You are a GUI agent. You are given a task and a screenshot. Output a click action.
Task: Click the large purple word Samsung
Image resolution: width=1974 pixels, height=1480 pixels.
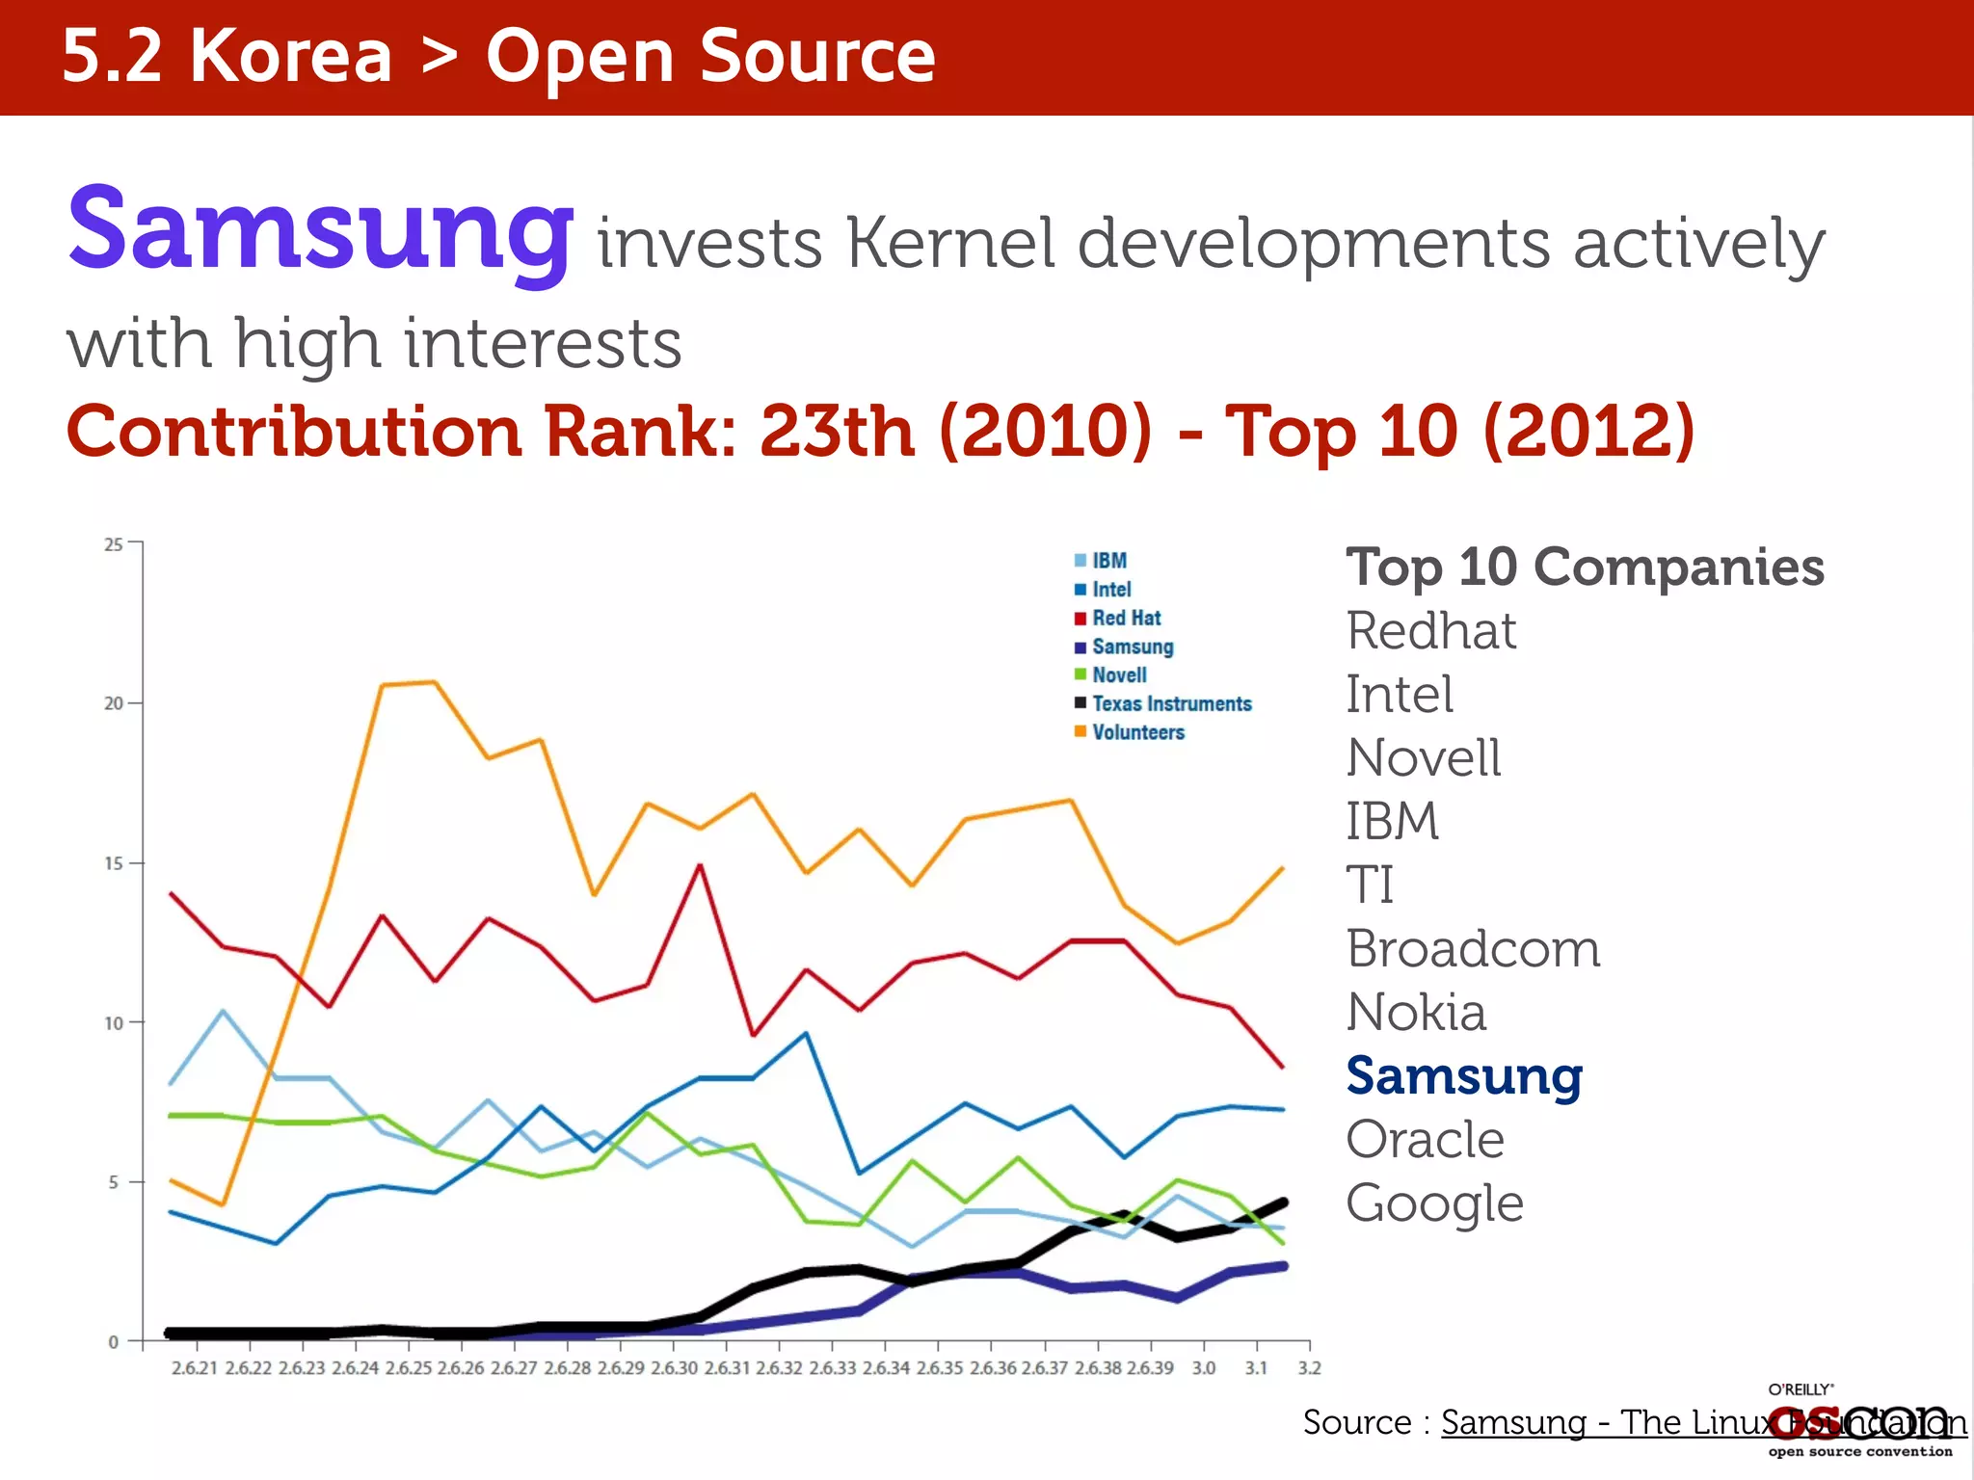tap(320, 231)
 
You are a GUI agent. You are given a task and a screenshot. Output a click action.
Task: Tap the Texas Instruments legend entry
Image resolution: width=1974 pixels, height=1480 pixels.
tap(1170, 704)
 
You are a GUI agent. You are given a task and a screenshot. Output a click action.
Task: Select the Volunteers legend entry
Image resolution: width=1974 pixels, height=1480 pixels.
tap(1137, 732)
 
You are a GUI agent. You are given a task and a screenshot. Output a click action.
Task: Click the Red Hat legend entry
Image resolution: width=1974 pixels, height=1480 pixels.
tap(1126, 619)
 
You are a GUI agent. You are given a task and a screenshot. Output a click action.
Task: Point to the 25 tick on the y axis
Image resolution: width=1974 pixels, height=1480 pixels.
tap(114, 544)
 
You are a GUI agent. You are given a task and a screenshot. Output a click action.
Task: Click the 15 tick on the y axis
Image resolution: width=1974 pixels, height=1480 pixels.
tap(114, 863)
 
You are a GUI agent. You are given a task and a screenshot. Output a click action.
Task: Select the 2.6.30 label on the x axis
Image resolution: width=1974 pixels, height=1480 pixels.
tap(674, 1368)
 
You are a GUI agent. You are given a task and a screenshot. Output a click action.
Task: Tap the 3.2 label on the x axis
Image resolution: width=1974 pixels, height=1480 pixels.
tap(1309, 1368)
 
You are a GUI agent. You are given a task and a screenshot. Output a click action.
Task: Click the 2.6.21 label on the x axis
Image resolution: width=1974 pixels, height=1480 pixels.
tap(195, 1368)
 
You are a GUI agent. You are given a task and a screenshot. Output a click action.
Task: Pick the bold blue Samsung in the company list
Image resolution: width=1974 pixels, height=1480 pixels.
tap(1464, 1076)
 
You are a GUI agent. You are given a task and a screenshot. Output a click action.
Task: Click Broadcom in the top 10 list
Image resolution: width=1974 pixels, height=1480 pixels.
tap(1473, 949)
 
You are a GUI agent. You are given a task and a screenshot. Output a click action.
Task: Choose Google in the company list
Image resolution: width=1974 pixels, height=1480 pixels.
tap(1434, 1203)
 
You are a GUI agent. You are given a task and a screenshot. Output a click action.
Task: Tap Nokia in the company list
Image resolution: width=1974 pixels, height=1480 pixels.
tap(1416, 1013)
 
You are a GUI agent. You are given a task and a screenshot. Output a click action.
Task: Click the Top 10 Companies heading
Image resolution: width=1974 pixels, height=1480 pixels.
tap(1585, 568)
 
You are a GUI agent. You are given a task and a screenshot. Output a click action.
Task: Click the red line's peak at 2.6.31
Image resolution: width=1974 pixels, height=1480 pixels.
tap(700, 865)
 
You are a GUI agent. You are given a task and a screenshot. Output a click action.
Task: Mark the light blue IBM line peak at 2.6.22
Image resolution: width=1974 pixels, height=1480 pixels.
tap(224, 1011)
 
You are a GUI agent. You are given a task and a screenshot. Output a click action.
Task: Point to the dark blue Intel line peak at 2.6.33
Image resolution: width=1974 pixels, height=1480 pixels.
tap(806, 1034)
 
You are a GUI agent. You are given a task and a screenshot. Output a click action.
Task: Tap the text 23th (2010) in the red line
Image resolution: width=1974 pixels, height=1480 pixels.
tap(955, 431)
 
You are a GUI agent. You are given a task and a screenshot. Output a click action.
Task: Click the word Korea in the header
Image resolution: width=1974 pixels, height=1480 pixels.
tap(291, 57)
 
